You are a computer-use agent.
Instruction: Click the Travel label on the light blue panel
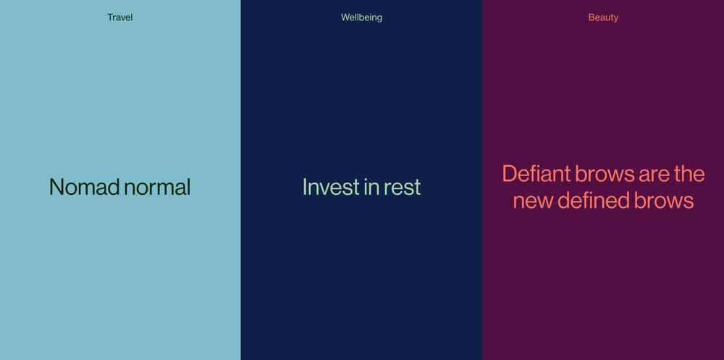(120, 17)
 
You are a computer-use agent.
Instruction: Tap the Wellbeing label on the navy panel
(361, 17)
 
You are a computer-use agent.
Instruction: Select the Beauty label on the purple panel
(603, 17)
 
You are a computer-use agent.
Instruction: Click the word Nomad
(85, 187)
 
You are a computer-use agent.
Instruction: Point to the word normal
(157, 187)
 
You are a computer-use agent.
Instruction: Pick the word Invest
(331, 187)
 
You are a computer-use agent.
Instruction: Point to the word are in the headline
(654, 175)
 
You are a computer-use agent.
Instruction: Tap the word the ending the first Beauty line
(689, 175)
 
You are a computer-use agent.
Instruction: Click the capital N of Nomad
(56, 187)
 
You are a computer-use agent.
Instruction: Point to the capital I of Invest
(305, 187)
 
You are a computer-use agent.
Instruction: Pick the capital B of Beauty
(592, 17)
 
